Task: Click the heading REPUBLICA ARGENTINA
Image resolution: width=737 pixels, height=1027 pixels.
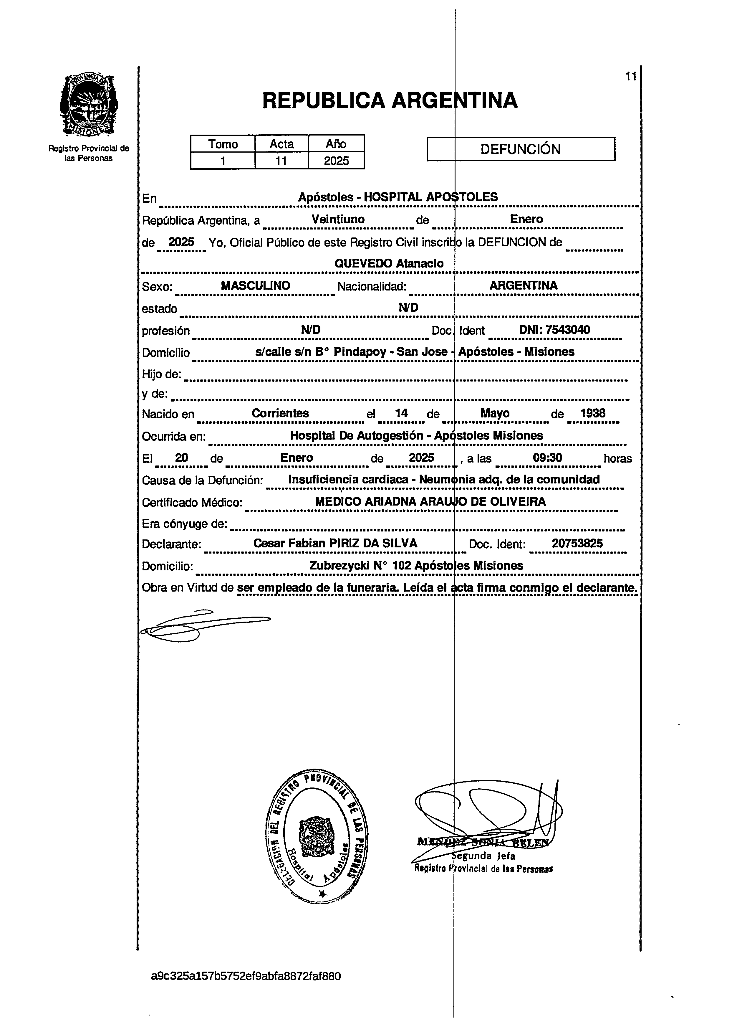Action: coord(389,100)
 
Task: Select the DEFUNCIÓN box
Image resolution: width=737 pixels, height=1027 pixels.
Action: coord(521,149)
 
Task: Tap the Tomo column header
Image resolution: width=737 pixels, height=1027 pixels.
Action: coord(223,144)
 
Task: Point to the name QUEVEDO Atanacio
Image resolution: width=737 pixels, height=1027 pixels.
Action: coord(389,264)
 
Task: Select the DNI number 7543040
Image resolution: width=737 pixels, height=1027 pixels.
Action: coord(554,330)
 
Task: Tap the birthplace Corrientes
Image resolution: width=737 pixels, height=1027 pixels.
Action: coord(280,413)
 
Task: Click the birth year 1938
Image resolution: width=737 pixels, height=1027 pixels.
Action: coord(593,413)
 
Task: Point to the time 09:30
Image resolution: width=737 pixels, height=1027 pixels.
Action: coord(547,458)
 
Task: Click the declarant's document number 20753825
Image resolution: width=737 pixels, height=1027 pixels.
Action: coord(577,543)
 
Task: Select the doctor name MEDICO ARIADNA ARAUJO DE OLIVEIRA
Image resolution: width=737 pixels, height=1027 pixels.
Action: coord(430,502)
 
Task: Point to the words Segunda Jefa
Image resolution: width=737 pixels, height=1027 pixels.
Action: coord(483,856)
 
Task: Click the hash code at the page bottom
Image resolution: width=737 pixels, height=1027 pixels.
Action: coord(246,976)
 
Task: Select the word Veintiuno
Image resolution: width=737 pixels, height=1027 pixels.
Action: coord(338,219)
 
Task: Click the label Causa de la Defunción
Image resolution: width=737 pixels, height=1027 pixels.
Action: coord(202,480)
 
